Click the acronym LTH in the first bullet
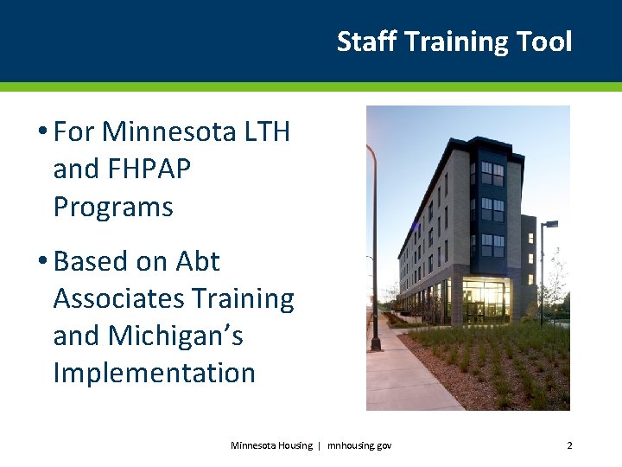pos(267,132)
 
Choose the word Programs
pos(113,208)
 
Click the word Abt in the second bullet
pos(198,261)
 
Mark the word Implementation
pos(154,373)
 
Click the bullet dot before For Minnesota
pos(41,132)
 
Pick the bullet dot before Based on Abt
pos(41,261)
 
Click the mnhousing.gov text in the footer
pos(359,445)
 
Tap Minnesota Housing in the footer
pos(271,445)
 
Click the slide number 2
pos(569,445)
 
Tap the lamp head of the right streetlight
pos(550,224)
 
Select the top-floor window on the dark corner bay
pos(492,174)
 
